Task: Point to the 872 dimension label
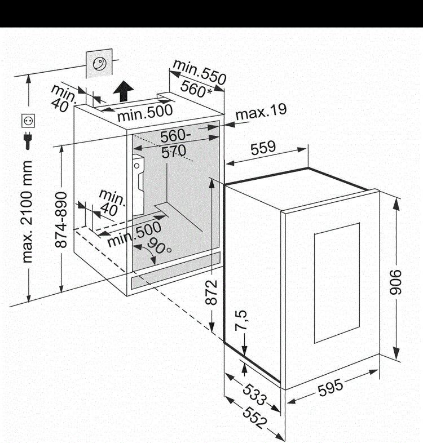pyautogui.click(x=211, y=291)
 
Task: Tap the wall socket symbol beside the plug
pyautogui.click(x=28, y=121)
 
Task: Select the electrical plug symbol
pyautogui.click(x=27, y=140)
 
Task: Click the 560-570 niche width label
pyautogui.click(x=175, y=144)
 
